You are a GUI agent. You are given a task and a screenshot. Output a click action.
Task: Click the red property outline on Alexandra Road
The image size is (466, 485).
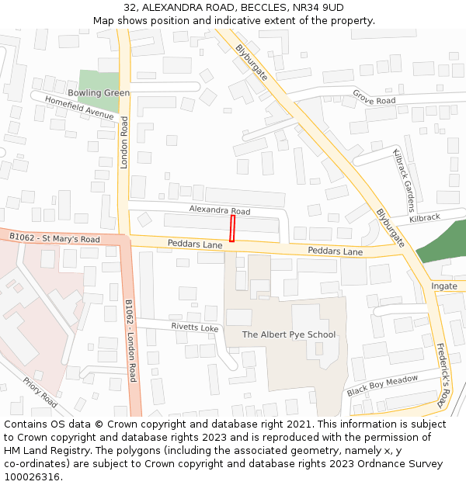[x=231, y=229]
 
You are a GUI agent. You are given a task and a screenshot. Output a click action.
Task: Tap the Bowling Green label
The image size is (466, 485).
[x=99, y=93]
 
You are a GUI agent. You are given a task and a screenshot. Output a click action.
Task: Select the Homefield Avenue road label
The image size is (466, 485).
[x=79, y=107]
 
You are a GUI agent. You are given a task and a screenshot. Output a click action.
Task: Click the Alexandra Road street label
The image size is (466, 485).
[x=220, y=211]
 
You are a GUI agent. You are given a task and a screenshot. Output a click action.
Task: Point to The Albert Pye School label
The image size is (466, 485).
[x=289, y=334]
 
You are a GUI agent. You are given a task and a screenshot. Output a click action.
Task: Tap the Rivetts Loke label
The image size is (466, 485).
[x=195, y=327]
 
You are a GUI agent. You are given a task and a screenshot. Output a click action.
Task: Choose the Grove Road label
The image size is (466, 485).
[x=374, y=98]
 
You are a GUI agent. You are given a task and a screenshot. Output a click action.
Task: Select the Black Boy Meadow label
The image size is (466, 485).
[x=382, y=385]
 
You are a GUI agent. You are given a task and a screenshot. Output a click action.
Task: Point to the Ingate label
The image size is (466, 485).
[x=444, y=286]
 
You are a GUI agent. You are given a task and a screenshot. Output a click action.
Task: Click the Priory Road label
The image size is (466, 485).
[x=40, y=393]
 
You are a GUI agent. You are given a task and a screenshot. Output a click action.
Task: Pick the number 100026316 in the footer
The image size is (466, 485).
[x=32, y=476]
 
